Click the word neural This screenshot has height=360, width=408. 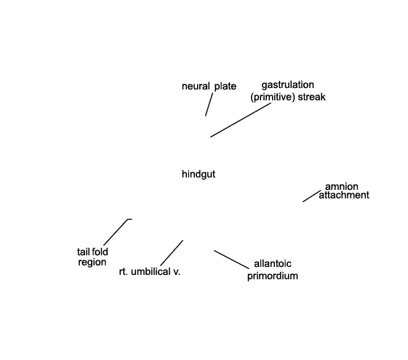pos(196,86)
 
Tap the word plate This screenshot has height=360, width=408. pos(225,87)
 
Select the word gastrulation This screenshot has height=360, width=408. pos(288,85)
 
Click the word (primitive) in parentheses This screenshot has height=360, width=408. pos(273,97)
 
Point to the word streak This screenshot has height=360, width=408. pos(312,97)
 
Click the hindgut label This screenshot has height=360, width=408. pos(199,175)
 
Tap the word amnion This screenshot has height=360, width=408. pos(342,186)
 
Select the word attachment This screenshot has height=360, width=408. pos(344,195)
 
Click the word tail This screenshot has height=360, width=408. pos(83,252)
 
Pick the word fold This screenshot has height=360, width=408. pos(100,252)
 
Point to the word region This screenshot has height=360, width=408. pos(92,263)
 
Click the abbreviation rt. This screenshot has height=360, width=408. pos(124,272)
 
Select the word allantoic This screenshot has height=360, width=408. pos(273,264)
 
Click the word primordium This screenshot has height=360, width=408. pos(273,276)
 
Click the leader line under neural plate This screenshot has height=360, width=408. pos(209,105)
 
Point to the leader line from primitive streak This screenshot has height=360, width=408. pos(241,120)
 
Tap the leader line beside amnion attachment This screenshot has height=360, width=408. pos(312,196)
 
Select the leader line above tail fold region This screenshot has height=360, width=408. pos(116,231)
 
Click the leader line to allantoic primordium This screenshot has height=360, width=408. pos(231,260)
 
